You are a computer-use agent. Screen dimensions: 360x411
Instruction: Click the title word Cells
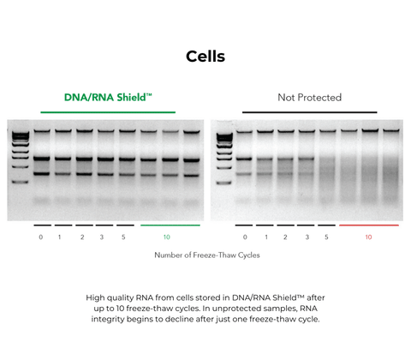(205, 57)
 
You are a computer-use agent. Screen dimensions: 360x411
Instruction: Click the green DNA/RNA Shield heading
(108, 98)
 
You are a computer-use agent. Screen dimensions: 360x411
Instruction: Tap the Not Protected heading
(309, 98)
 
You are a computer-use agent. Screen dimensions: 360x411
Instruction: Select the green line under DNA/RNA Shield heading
(108, 112)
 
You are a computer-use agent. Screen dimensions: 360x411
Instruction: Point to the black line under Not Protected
(309, 112)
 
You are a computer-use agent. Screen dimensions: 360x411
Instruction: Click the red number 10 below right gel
(369, 237)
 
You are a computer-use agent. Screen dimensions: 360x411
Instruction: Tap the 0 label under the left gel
(40, 237)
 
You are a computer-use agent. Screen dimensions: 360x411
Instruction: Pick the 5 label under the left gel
(124, 237)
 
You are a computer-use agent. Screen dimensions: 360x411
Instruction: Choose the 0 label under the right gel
(245, 237)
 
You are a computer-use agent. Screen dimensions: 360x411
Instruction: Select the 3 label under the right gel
(307, 237)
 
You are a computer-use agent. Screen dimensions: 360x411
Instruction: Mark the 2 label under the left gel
(82, 237)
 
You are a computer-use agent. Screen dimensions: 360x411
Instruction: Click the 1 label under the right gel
(266, 237)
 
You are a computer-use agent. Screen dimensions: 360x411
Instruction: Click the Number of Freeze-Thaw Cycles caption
(206, 255)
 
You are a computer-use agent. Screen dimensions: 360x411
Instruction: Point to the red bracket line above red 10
(369, 225)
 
